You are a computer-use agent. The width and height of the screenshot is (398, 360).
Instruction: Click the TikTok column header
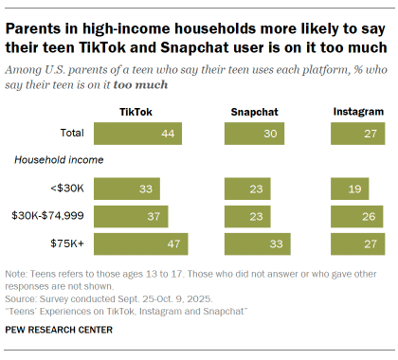pyautogui.click(x=137, y=112)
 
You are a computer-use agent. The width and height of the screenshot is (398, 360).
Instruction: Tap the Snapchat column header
pyautogui.click(x=254, y=112)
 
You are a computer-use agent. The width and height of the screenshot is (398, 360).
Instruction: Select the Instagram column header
pyautogui.click(x=358, y=112)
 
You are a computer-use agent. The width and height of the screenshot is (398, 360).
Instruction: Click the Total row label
pyautogui.click(x=71, y=134)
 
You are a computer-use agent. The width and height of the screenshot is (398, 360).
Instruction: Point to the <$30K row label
pyautogui.click(x=67, y=189)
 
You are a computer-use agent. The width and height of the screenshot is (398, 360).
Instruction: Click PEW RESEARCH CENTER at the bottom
pyautogui.click(x=58, y=330)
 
